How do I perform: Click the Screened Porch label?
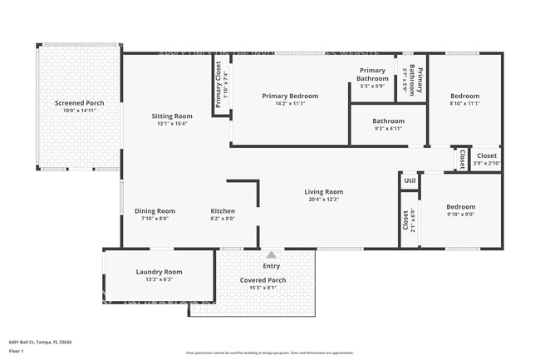(76, 103)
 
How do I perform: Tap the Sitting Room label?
(172, 116)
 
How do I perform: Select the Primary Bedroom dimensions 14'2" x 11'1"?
(290, 104)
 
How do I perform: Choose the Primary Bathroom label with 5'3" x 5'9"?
(373, 74)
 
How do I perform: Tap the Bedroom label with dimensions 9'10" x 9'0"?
(460, 206)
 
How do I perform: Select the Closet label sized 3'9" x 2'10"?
(487, 155)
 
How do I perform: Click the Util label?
(409, 180)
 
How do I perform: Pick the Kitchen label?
(223, 211)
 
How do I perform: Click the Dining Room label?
(155, 211)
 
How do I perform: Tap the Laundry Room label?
(159, 272)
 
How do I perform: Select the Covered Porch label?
(263, 280)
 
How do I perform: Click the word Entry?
(272, 266)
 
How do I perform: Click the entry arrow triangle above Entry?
(272, 254)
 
